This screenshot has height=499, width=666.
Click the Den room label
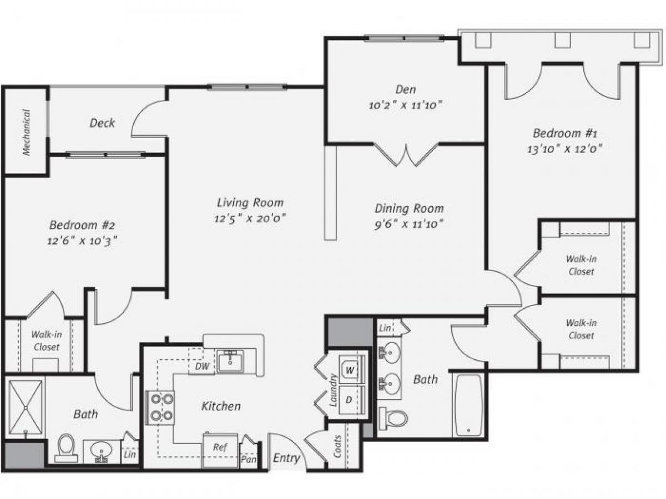point(405,89)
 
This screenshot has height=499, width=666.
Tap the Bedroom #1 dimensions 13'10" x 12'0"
point(564,149)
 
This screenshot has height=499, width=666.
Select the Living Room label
point(250,202)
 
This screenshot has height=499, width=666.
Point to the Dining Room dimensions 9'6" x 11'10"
point(408,224)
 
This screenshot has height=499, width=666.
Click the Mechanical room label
point(26,132)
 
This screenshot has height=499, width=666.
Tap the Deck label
point(102,123)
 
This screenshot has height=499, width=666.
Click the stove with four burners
point(160,408)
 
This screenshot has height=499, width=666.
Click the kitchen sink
point(231,361)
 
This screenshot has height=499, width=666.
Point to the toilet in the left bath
point(66,447)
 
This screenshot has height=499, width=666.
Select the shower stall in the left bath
point(26,405)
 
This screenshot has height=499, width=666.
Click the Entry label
point(286,458)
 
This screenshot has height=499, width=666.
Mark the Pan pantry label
point(248,459)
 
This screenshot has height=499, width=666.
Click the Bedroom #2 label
point(82,225)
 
